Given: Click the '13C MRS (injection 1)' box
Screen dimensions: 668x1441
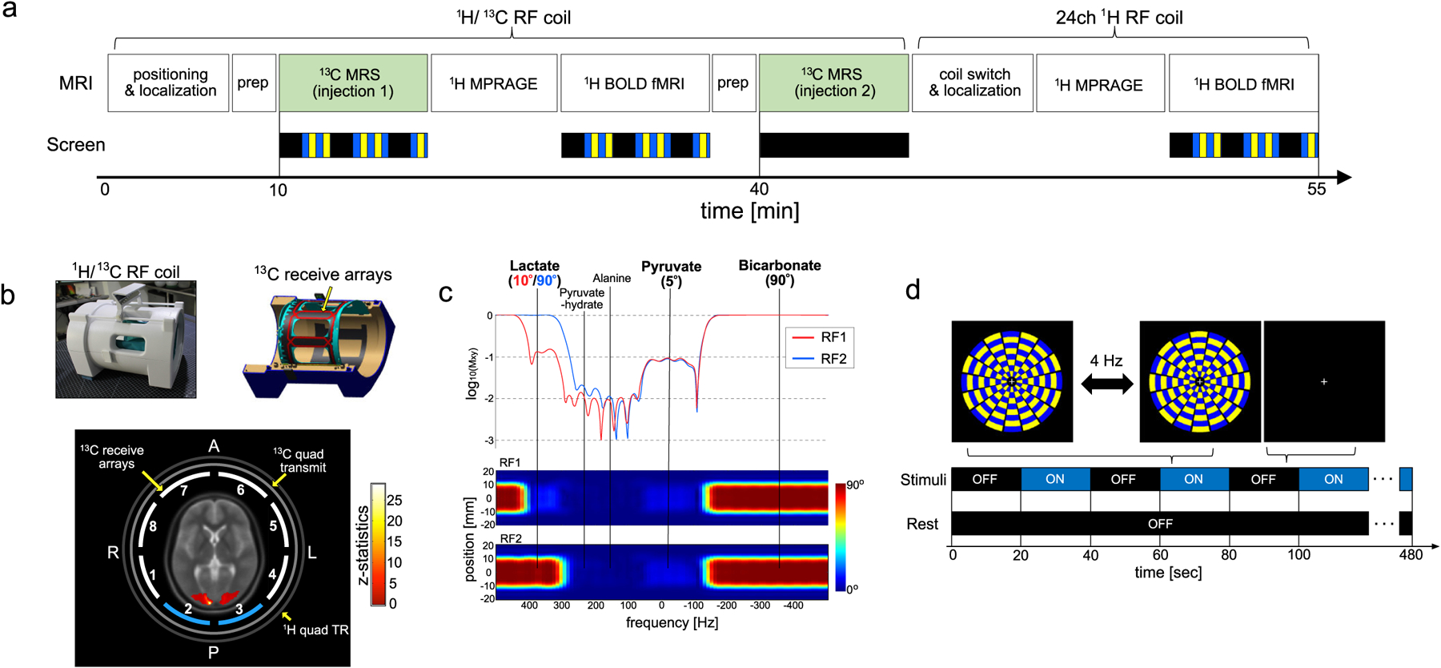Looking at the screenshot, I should (353, 82).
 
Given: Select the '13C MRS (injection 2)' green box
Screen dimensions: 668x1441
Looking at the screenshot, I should (833, 82).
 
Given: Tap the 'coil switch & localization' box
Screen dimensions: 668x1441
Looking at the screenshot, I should (974, 82).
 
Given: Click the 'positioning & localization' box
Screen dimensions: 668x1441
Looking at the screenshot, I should (169, 82).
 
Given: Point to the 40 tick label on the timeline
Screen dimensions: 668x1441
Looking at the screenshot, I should (759, 190).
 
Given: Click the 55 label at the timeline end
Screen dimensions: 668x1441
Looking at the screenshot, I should (1316, 190).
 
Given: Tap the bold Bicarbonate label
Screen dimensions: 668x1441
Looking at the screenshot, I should (779, 266).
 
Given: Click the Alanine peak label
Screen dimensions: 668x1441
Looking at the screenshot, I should (612, 279).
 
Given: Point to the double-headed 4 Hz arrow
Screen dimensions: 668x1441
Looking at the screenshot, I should (1106, 384).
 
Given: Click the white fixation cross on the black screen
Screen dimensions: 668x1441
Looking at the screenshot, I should (1324, 382).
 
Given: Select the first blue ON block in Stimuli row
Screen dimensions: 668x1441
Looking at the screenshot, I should (1055, 479).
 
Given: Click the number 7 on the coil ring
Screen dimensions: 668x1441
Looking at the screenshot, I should (184, 491).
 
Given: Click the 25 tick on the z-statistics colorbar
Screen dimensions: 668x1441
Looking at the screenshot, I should (395, 501).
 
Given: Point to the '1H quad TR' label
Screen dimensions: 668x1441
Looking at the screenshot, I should (316, 630).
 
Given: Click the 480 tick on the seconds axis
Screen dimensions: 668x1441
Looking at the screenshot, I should (1411, 555).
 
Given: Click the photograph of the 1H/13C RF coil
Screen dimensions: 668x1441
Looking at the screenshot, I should (126, 339).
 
